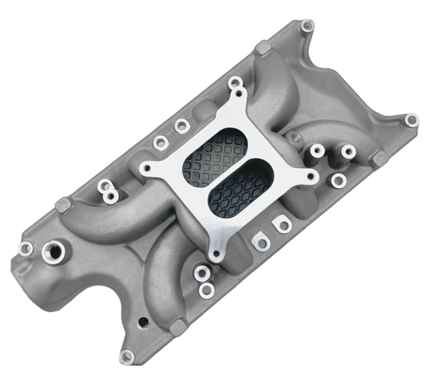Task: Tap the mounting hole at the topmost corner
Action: [x=306, y=26]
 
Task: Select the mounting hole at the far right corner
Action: [x=411, y=120]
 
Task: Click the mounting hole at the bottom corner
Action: [x=128, y=355]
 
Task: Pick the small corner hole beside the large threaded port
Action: [x=26, y=249]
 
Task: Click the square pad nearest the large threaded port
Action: [x=62, y=206]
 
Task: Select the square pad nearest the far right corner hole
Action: [x=378, y=159]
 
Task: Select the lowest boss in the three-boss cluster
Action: [x=339, y=180]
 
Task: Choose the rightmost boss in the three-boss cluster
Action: [x=348, y=152]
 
